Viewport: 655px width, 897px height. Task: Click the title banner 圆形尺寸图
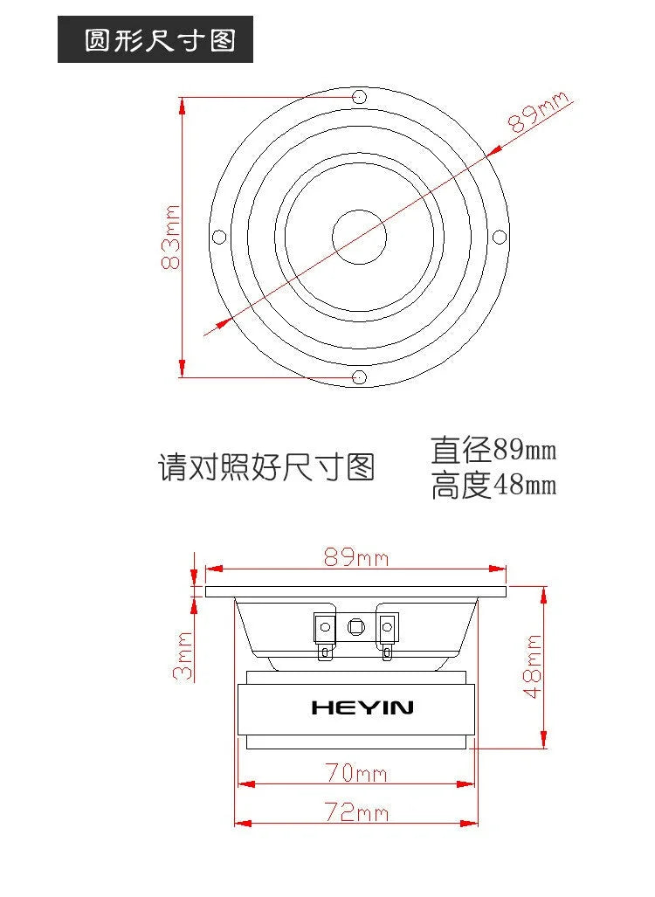(x=155, y=39)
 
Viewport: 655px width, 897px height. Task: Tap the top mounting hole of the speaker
(x=359, y=96)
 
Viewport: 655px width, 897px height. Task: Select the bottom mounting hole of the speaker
(x=359, y=377)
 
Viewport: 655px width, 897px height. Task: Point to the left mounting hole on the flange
(x=219, y=237)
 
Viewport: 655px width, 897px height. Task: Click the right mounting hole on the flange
(x=500, y=237)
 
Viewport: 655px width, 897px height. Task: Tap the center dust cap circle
(x=359, y=237)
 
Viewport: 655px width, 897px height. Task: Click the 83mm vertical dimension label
(x=170, y=237)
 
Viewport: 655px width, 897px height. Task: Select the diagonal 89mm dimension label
(x=538, y=112)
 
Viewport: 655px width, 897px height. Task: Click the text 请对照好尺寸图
(x=266, y=467)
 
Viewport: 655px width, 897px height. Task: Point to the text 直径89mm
(x=493, y=450)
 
